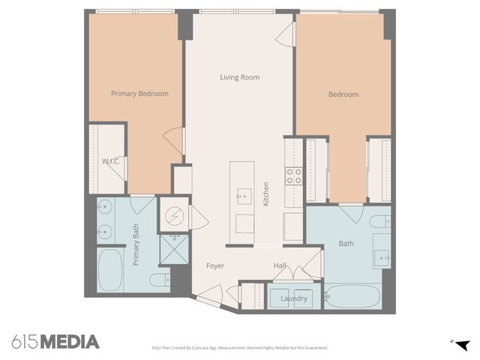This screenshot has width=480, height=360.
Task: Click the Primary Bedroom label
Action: (x=139, y=94)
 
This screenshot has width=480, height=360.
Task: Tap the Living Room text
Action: (x=239, y=77)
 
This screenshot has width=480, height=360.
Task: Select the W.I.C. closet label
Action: (x=112, y=161)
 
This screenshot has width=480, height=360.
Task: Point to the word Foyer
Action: (x=215, y=265)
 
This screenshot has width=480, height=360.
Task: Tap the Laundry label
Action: (x=294, y=298)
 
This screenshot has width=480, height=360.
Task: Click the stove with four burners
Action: (x=293, y=176)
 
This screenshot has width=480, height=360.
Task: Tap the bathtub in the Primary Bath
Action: (x=110, y=270)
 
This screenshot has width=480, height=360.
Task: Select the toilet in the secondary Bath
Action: (x=381, y=220)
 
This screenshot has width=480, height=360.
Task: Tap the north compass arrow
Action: (x=462, y=344)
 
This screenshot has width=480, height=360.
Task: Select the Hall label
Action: (x=279, y=265)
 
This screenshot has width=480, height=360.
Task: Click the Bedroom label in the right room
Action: (x=343, y=94)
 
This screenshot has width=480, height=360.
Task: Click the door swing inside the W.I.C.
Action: (x=115, y=168)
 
